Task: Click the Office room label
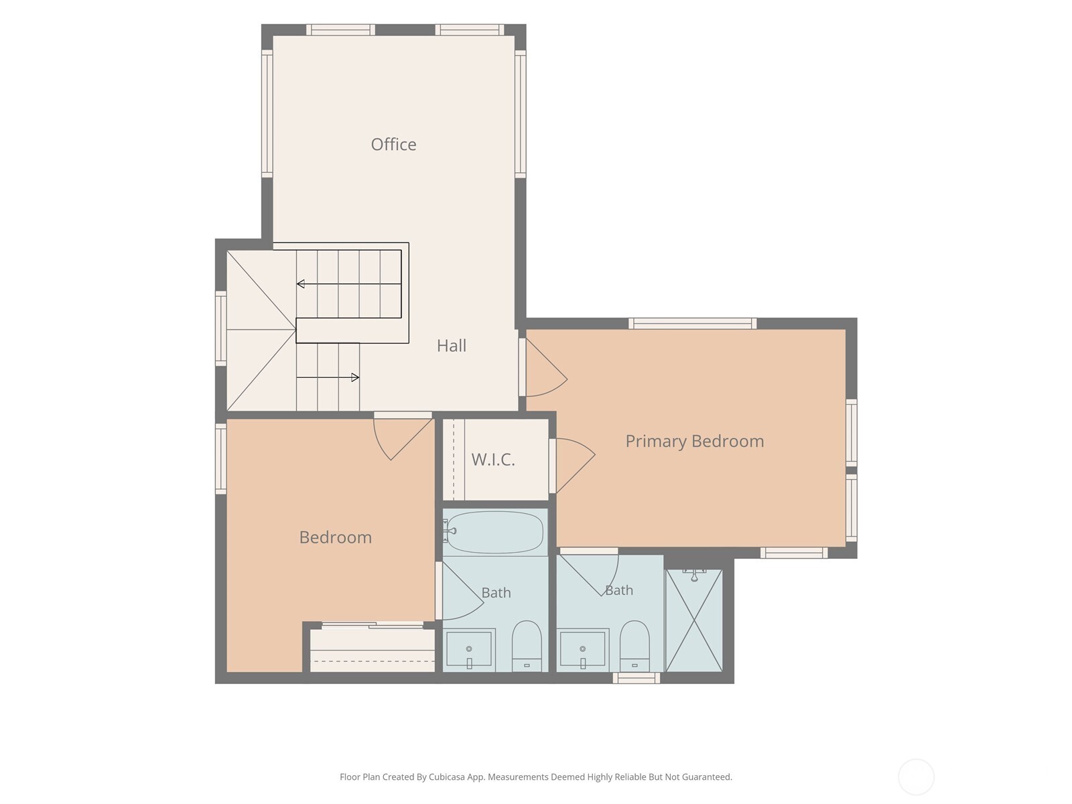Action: point(393,145)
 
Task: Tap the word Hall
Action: point(452,346)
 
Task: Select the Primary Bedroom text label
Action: point(695,442)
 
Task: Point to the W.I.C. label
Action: point(492,460)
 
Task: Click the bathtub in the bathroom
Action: point(494,532)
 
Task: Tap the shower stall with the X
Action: point(694,620)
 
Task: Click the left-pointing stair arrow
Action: point(348,283)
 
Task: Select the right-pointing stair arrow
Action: point(328,377)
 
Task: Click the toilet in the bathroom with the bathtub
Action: point(527,647)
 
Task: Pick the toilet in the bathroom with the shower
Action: point(634,647)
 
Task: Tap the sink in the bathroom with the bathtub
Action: point(469,649)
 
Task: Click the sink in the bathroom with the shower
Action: point(583,649)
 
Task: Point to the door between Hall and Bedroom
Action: point(403,436)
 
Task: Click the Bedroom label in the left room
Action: point(336,537)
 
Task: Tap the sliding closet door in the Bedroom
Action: point(372,625)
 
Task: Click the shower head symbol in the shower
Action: point(694,575)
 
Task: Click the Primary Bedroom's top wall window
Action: point(693,323)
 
